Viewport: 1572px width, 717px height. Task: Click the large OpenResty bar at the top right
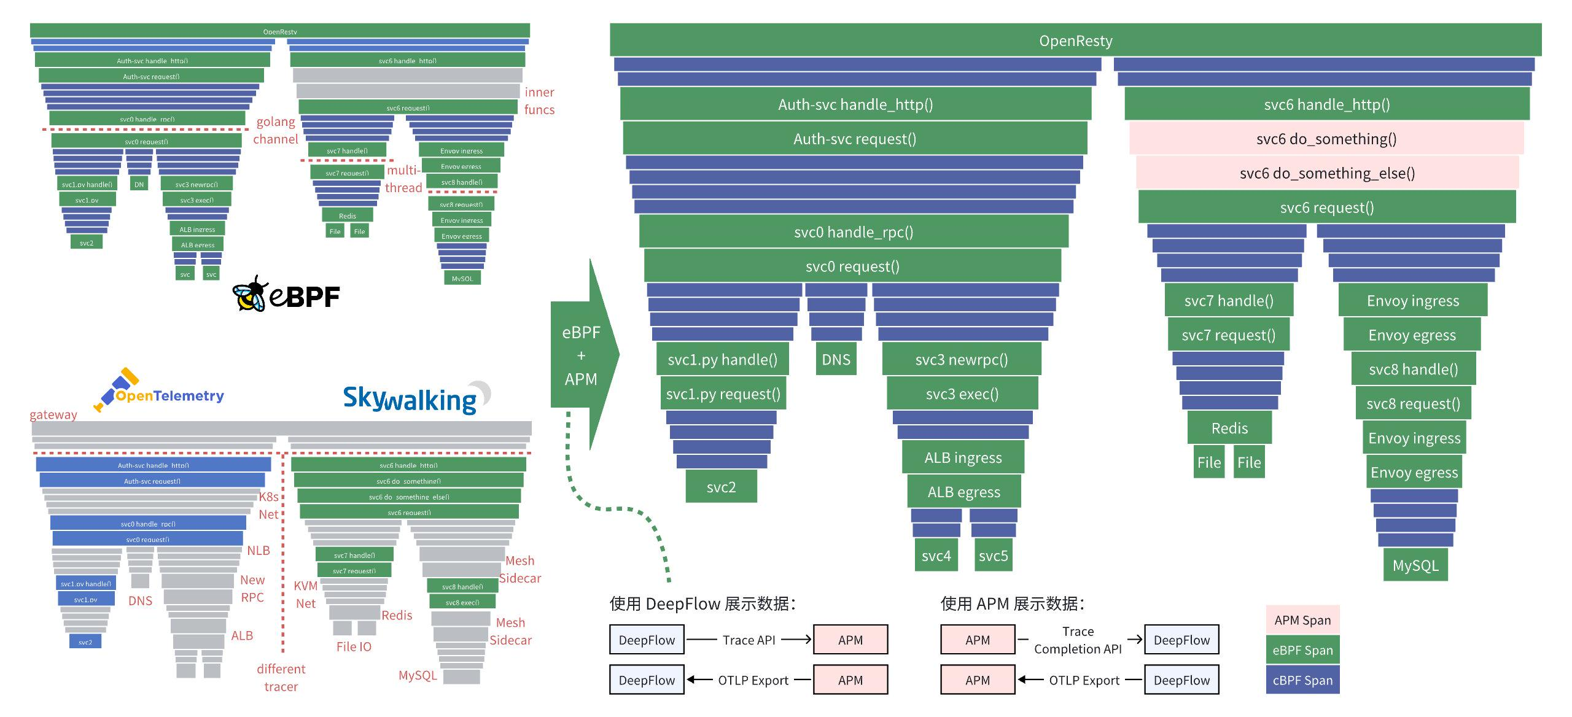(x=1075, y=41)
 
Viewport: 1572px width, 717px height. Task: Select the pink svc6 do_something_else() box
(x=1327, y=173)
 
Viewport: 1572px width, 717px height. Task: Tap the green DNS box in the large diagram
(x=836, y=360)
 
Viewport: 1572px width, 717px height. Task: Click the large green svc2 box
(x=721, y=487)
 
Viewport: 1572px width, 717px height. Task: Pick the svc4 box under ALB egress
(x=936, y=556)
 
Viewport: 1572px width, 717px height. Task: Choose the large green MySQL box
(x=1415, y=565)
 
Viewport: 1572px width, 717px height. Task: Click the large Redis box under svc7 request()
(x=1229, y=428)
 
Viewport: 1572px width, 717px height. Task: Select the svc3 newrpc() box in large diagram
(x=962, y=360)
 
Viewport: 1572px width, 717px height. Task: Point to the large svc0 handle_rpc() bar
(x=854, y=232)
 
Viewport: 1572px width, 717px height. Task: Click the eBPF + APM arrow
(x=582, y=355)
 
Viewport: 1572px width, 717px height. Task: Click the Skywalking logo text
(x=410, y=400)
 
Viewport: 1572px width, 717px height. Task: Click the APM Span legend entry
(x=1302, y=620)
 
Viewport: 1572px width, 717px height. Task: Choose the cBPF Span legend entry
(x=1302, y=680)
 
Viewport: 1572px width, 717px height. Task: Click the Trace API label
(x=749, y=640)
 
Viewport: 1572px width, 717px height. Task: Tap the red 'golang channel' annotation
(x=275, y=131)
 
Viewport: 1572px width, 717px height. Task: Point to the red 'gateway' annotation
(x=53, y=414)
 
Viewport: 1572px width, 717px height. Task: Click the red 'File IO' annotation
(x=354, y=646)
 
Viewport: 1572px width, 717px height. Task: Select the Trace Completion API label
(x=1078, y=640)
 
